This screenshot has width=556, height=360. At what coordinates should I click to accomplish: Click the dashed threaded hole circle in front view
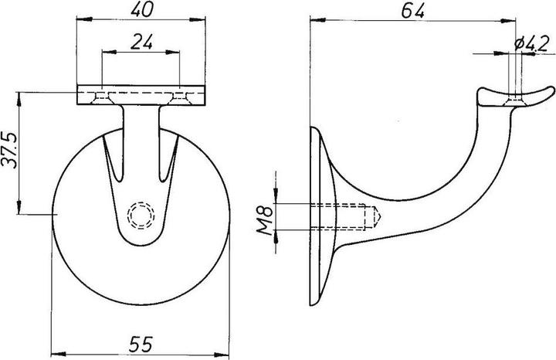tap(141, 214)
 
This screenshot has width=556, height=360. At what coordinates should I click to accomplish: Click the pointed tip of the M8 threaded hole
tap(376, 216)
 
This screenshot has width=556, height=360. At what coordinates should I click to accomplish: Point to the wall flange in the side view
tap(323, 216)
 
